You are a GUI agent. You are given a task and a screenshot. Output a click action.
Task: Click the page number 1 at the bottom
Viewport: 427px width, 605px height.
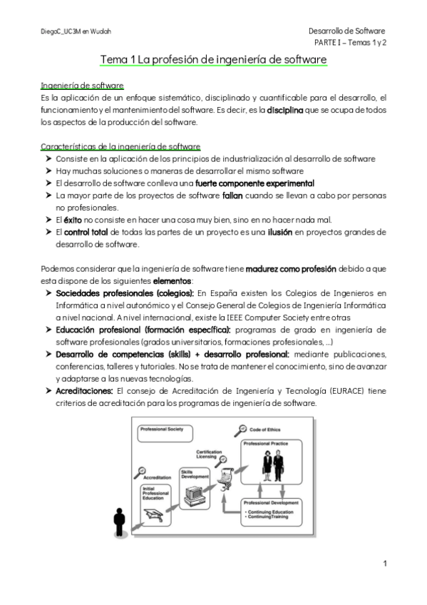(x=384, y=564)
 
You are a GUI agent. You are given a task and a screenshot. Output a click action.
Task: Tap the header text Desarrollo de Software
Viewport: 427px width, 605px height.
(x=346, y=31)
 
